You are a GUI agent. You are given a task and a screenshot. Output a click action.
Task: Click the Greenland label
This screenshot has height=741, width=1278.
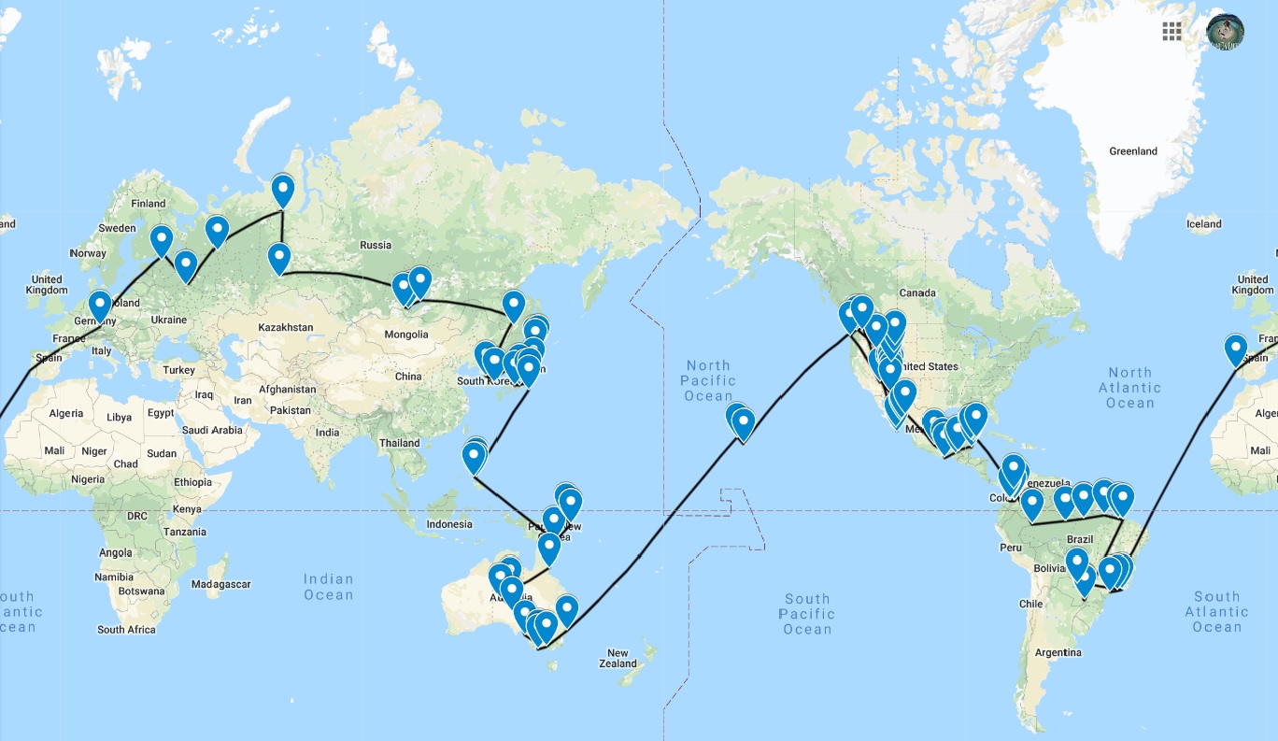click(x=1132, y=151)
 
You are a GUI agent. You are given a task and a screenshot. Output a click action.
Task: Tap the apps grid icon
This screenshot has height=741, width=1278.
click(x=1171, y=31)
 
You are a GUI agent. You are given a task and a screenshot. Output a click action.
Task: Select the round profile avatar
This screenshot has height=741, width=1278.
click(x=1225, y=31)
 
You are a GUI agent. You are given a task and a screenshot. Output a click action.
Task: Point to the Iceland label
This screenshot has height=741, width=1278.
click(x=1203, y=224)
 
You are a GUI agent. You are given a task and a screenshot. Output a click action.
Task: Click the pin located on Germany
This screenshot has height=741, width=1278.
click(x=99, y=306)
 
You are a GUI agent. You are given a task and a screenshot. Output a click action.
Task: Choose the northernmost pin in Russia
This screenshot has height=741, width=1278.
click(x=282, y=190)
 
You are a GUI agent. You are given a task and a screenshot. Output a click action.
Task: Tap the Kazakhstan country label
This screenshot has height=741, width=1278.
click(x=285, y=328)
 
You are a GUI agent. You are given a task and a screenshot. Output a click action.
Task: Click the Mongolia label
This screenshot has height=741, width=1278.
click(x=405, y=335)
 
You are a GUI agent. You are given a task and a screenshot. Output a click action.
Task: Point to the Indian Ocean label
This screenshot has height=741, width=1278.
click(x=328, y=587)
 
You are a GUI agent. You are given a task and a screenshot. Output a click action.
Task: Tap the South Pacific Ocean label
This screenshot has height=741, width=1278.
click(x=807, y=614)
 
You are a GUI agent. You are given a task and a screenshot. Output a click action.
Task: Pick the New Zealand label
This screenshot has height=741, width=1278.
click(x=618, y=658)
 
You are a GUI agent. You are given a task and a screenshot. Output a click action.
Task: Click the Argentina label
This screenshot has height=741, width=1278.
click(x=1058, y=652)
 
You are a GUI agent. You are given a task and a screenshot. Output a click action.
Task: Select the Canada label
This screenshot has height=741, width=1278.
click(x=917, y=293)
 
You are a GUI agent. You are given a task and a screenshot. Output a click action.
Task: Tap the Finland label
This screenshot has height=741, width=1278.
click(x=148, y=204)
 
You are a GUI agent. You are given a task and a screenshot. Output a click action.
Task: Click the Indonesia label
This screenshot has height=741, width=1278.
click(x=449, y=524)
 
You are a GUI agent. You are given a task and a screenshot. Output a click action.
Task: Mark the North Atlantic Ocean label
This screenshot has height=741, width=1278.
click(x=1130, y=388)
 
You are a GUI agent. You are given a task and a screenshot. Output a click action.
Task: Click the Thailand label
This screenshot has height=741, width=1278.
click(x=399, y=443)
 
